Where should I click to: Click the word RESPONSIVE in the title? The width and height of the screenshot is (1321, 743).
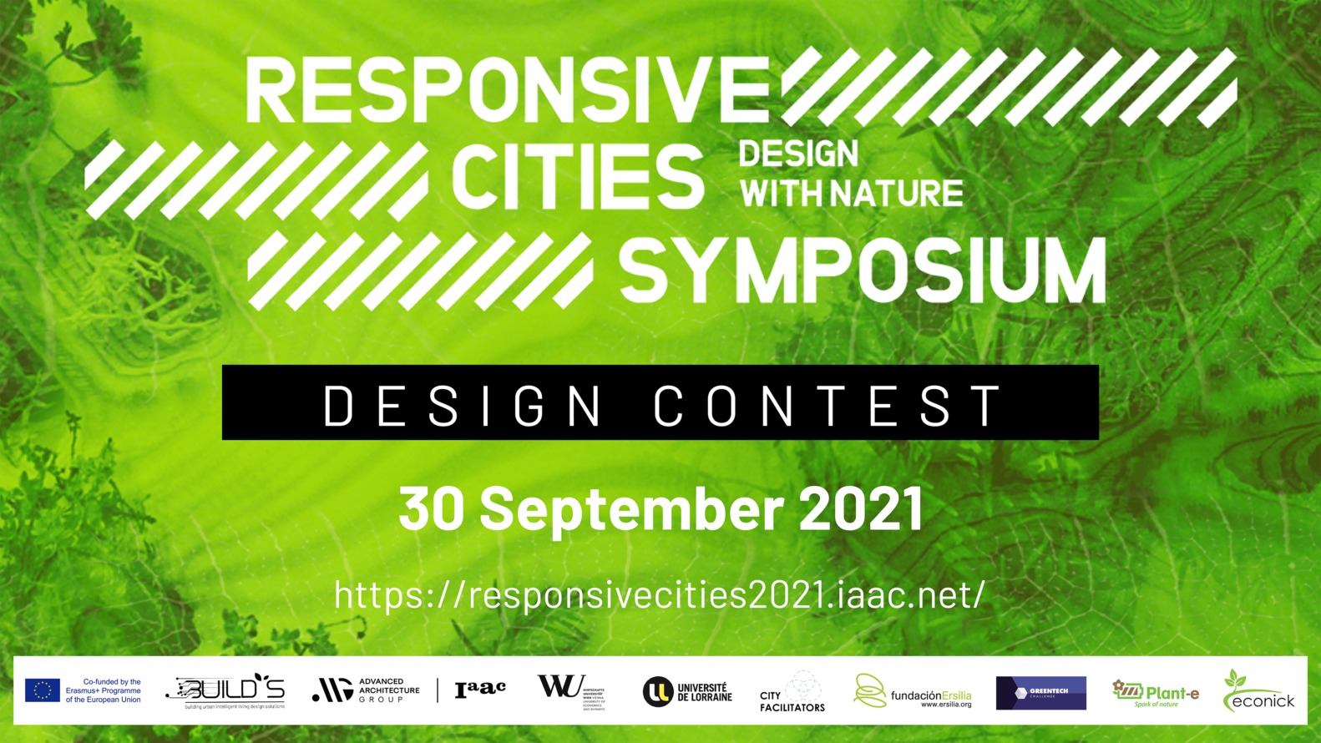507,89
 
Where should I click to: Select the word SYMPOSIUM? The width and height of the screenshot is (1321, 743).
862,270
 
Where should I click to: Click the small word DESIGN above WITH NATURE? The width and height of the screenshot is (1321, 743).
797,154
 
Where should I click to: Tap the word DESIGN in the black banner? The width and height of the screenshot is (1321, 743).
463,406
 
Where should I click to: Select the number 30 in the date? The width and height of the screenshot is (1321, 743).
431,508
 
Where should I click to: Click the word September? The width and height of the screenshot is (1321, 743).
631,508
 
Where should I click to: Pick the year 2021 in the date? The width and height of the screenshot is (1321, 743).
861,508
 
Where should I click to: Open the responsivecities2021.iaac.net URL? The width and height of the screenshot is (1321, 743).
660,595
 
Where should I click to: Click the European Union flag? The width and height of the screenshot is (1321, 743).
43,690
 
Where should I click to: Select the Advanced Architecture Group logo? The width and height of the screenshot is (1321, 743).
366,690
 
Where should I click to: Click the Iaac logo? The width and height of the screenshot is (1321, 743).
480,689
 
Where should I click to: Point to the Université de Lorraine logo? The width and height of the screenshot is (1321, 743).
687,692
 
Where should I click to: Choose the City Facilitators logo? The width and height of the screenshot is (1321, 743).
792,692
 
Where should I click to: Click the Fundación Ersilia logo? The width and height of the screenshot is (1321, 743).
912,692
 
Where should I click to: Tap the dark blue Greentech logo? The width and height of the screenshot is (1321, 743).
1040,693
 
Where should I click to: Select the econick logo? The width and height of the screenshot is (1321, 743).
1258,692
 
